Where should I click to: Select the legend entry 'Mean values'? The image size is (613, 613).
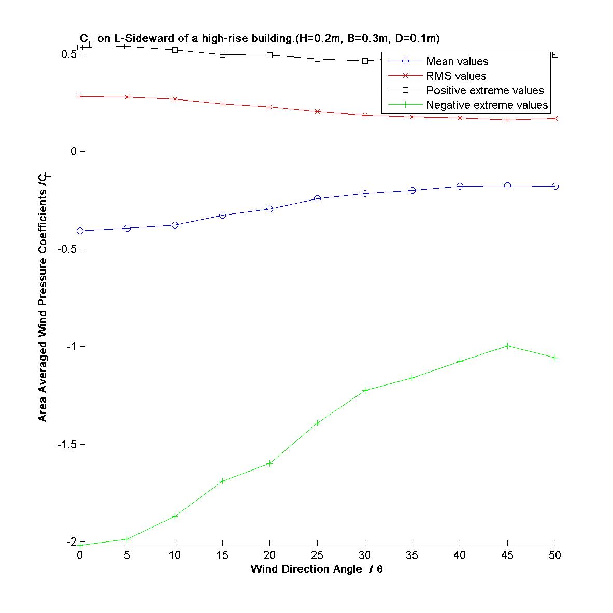pyautogui.click(x=457, y=62)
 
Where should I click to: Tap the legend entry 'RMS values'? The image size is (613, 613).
pyautogui.click(x=456, y=76)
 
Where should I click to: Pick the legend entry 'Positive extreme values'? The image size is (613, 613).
pyautogui.click(x=484, y=91)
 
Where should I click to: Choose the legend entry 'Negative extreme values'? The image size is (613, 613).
pyautogui.click(x=487, y=105)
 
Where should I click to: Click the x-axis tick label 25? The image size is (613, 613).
pyautogui.click(x=317, y=555)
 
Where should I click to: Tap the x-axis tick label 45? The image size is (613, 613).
pyautogui.click(x=507, y=555)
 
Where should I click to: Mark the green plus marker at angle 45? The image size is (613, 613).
pyautogui.click(x=507, y=346)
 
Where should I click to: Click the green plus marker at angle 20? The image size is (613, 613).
pyautogui.click(x=270, y=463)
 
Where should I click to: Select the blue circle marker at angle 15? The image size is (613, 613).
pyautogui.click(x=222, y=215)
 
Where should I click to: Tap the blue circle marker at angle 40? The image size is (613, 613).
pyautogui.click(x=460, y=186)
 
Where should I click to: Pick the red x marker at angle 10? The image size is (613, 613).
pyautogui.click(x=175, y=99)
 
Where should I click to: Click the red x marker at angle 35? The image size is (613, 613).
pyautogui.click(x=412, y=117)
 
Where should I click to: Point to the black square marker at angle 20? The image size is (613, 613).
pyautogui.click(x=270, y=55)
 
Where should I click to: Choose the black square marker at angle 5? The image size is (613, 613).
pyautogui.click(x=127, y=46)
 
